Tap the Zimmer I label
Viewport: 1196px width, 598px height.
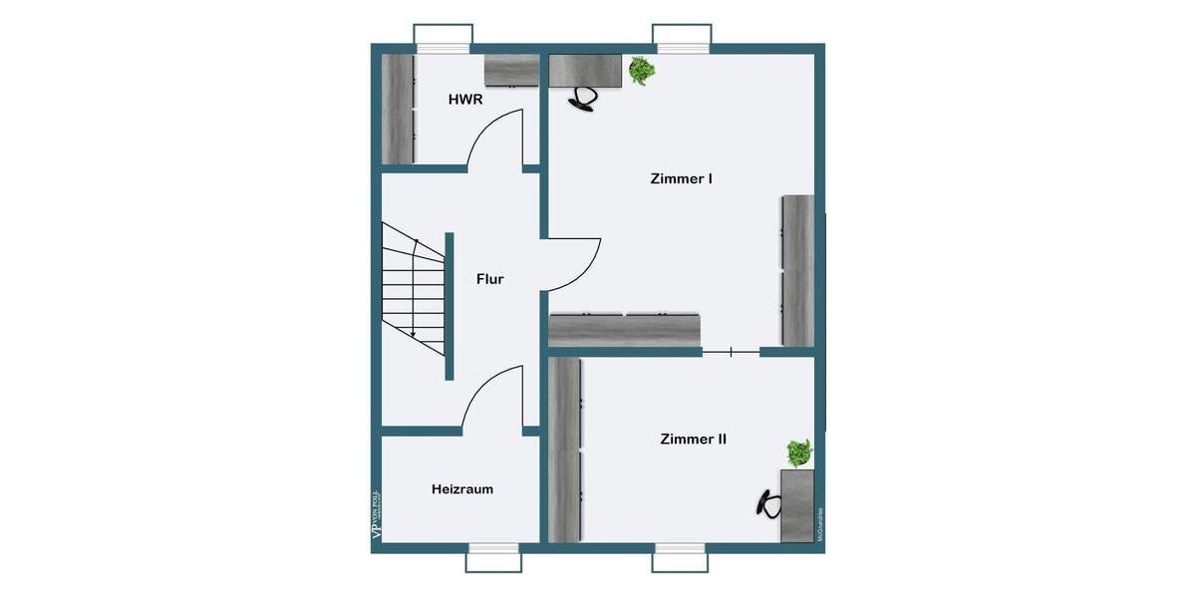point(681,179)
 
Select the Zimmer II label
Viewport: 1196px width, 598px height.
point(693,439)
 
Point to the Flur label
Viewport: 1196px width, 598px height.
point(489,279)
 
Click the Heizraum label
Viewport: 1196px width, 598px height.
point(462,489)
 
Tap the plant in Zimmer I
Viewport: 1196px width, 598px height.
point(641,71)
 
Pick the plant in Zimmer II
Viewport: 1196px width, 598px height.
point(797,453)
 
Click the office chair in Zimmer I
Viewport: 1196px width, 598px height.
point(583,98)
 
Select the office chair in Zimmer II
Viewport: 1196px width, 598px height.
point(767,503)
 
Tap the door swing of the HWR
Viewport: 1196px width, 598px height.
point(495,140)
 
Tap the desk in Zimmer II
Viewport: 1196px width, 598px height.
point(797,506)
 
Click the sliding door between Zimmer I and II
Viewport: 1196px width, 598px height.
point(732,352)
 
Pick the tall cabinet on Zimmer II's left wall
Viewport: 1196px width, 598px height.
point(565,450)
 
